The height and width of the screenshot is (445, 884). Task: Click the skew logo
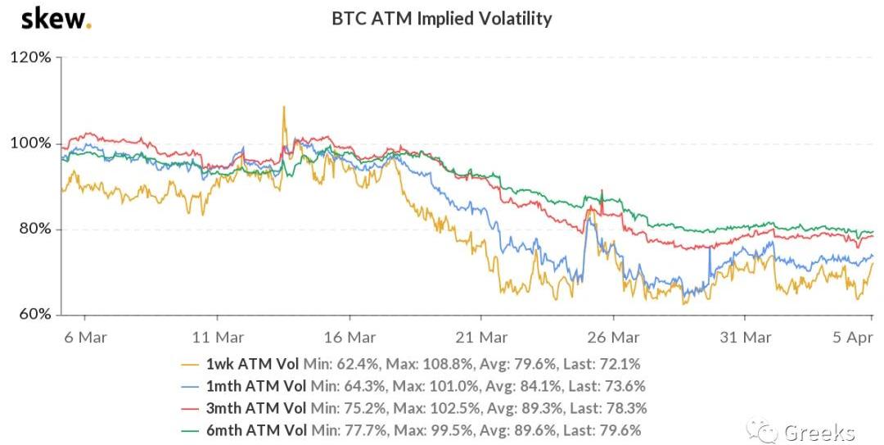[55, 18]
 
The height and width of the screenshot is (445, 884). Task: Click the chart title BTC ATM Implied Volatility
[441, 18]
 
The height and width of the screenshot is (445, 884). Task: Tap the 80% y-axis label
[35, 229]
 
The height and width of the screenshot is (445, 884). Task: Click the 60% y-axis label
[35, 315]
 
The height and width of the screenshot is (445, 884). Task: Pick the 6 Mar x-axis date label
[86, 336]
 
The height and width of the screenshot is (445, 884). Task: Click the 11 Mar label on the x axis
[217, 336]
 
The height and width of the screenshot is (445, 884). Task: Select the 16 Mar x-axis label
[349, 336]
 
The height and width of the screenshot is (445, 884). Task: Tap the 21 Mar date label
[480, 336]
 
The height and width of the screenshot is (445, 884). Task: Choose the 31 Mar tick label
[744, 336]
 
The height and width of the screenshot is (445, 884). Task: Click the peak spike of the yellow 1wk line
[284, 107]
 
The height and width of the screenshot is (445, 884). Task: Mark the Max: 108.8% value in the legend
[417, 362]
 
